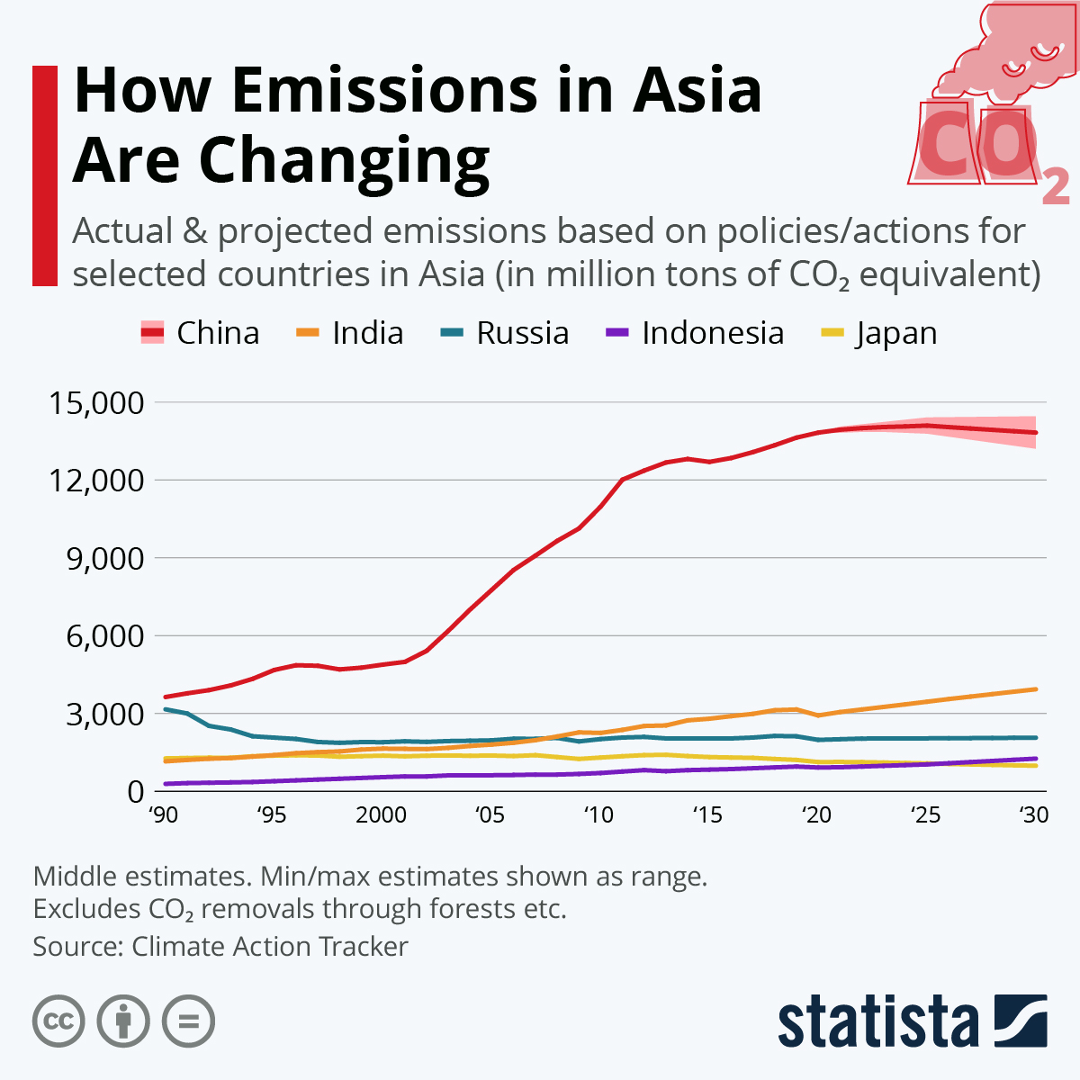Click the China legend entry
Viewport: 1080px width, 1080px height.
201,333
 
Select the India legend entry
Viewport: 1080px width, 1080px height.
350,333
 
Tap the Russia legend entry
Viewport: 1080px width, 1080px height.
505,333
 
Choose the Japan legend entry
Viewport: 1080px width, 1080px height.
879,333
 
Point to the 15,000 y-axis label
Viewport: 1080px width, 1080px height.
96,402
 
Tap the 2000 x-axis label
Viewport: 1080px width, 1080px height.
381,815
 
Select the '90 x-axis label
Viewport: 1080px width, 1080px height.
163,815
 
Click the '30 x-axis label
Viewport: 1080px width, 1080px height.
1034,815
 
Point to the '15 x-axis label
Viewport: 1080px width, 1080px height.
707,815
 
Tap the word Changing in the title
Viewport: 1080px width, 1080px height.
345,160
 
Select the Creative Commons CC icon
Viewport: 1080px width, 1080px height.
58,1021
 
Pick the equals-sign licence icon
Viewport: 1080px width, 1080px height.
188,1021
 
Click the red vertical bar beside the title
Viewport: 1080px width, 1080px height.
45,175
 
